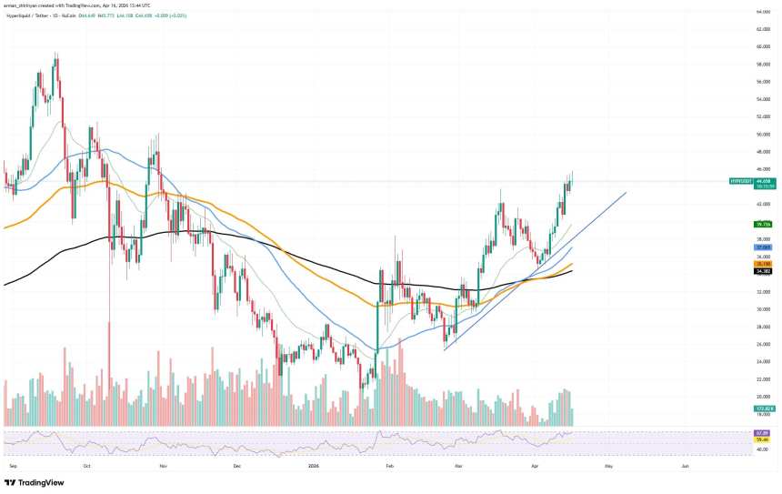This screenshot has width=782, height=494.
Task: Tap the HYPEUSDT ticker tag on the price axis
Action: [x=742, y=181]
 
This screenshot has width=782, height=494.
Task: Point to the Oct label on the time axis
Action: [x=87, y=464]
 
